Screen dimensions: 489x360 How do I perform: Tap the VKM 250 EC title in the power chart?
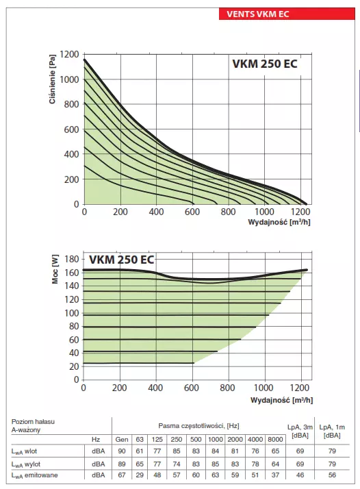121,260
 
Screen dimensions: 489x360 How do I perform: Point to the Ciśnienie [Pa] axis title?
53,80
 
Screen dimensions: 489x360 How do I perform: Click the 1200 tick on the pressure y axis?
69,54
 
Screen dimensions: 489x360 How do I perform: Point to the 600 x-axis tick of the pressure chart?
192,212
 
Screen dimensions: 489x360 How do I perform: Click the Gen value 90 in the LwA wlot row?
122,451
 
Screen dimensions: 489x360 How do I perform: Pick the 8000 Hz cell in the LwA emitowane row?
275,475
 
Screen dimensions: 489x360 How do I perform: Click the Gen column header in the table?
122,438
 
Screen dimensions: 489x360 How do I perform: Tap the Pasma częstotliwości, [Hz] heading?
198,425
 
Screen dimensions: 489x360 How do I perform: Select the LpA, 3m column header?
298,429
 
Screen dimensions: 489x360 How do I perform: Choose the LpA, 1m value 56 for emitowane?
332,475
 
